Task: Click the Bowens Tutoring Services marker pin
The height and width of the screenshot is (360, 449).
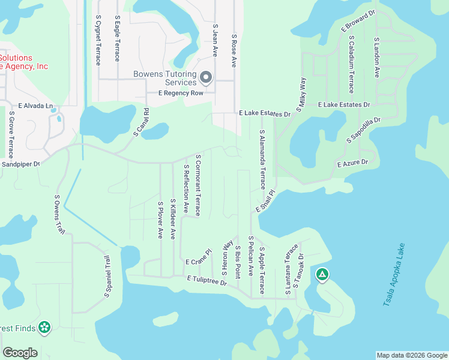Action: [x=206, y=77]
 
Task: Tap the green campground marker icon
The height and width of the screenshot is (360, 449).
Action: [x=322, y=275]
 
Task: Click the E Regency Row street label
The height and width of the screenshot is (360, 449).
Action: [x=178, y=93]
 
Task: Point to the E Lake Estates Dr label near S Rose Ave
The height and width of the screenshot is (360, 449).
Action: [x=264, y=113]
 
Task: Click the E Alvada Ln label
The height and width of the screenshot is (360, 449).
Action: [x=35, y=105]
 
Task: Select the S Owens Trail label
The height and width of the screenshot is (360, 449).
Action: [x=59, y=214]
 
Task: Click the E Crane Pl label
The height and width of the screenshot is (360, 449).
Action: [x=199, y=257]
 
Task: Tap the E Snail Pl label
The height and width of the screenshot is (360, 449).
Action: [x=265, y=202]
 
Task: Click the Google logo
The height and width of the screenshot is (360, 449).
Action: [x=20, y=352]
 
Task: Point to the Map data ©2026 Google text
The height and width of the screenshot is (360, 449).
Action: [x=412, y=355]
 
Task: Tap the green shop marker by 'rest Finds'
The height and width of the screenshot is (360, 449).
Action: [x=44, y=328]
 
